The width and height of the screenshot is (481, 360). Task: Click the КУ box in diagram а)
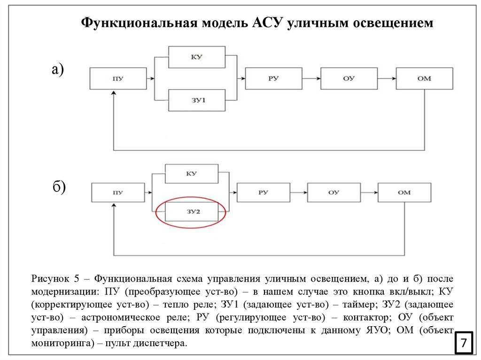pos(197,57)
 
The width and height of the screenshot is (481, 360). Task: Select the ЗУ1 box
pos(197,100)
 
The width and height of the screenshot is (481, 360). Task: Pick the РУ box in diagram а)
pos(273,78)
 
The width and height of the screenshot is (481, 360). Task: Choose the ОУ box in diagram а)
pos(349,78)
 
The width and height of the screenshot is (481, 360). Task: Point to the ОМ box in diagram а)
pos(424,78)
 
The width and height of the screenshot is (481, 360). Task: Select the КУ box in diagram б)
pos(191,174)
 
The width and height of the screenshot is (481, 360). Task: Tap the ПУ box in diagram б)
pos(117,192)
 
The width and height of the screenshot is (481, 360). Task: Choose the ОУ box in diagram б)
pos(334,192)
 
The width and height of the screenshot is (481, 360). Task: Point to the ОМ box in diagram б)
pos(404,192)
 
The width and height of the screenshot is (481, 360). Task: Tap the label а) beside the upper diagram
pos(58,69)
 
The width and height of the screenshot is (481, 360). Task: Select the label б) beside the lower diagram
pos(59,187)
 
